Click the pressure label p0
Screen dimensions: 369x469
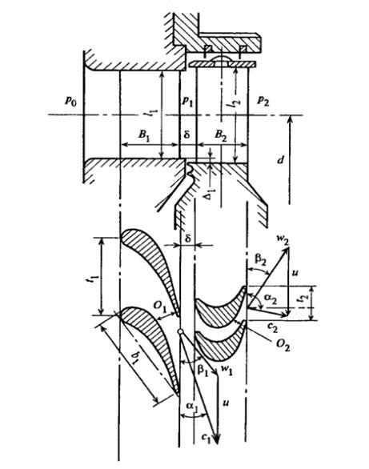coord(71,101)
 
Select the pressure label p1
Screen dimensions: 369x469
coord(187,102)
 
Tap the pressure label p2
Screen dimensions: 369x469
coord(263,102)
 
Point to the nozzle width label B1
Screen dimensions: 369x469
coord(144,134)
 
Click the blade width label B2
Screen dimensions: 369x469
coord(221,134)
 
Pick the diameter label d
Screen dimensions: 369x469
coord(280,160)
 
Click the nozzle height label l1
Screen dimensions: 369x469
coord(154,114)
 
